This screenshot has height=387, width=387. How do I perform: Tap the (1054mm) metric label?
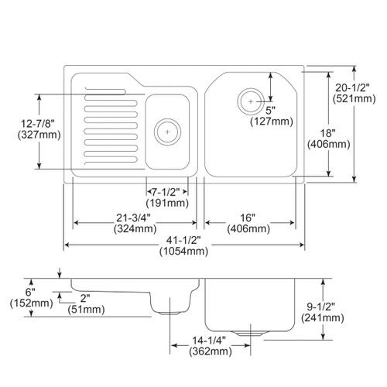click(x=183, y=251)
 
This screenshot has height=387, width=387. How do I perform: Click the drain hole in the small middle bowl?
click(x=166, y=131)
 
